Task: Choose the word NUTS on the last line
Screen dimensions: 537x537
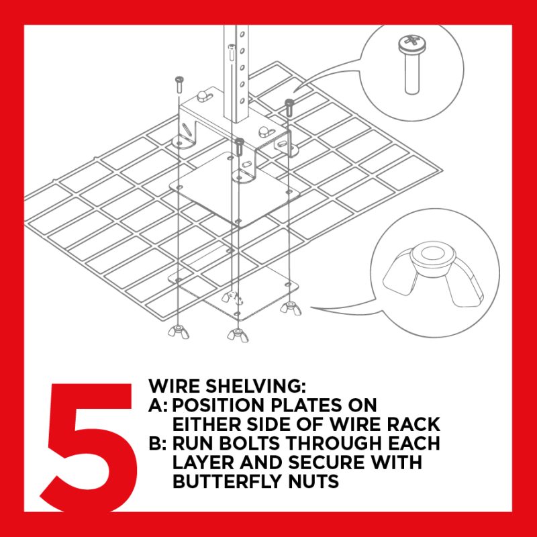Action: [x=313, y=481]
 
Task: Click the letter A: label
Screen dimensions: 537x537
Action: [x=158, y=405]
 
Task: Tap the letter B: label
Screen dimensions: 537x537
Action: [x=158, y=443]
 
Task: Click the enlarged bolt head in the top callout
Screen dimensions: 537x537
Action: [x=412, y=44]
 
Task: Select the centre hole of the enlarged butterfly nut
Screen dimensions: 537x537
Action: [x=429, y=254]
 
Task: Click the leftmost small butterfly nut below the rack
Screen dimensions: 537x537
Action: [x=178, y=332]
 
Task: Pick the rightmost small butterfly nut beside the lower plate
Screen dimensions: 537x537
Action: [x=291, y=308]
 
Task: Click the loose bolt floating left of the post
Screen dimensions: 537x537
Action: [x=179, y=85]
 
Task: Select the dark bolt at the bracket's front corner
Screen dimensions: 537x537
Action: [x=240, y=146]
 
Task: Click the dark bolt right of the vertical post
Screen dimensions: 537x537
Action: [x=289, y=108]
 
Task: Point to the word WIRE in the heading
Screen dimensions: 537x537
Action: [x=174, y=386]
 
